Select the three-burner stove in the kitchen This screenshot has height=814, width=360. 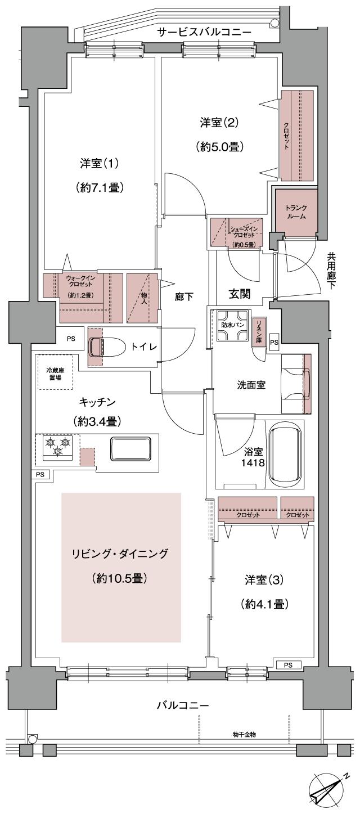pos(58,447)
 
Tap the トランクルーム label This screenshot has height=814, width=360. pos(295,211)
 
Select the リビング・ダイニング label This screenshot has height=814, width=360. pos(121,554)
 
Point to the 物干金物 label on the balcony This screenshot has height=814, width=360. pos(244,735)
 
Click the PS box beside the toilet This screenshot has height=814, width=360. pos(70,339)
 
